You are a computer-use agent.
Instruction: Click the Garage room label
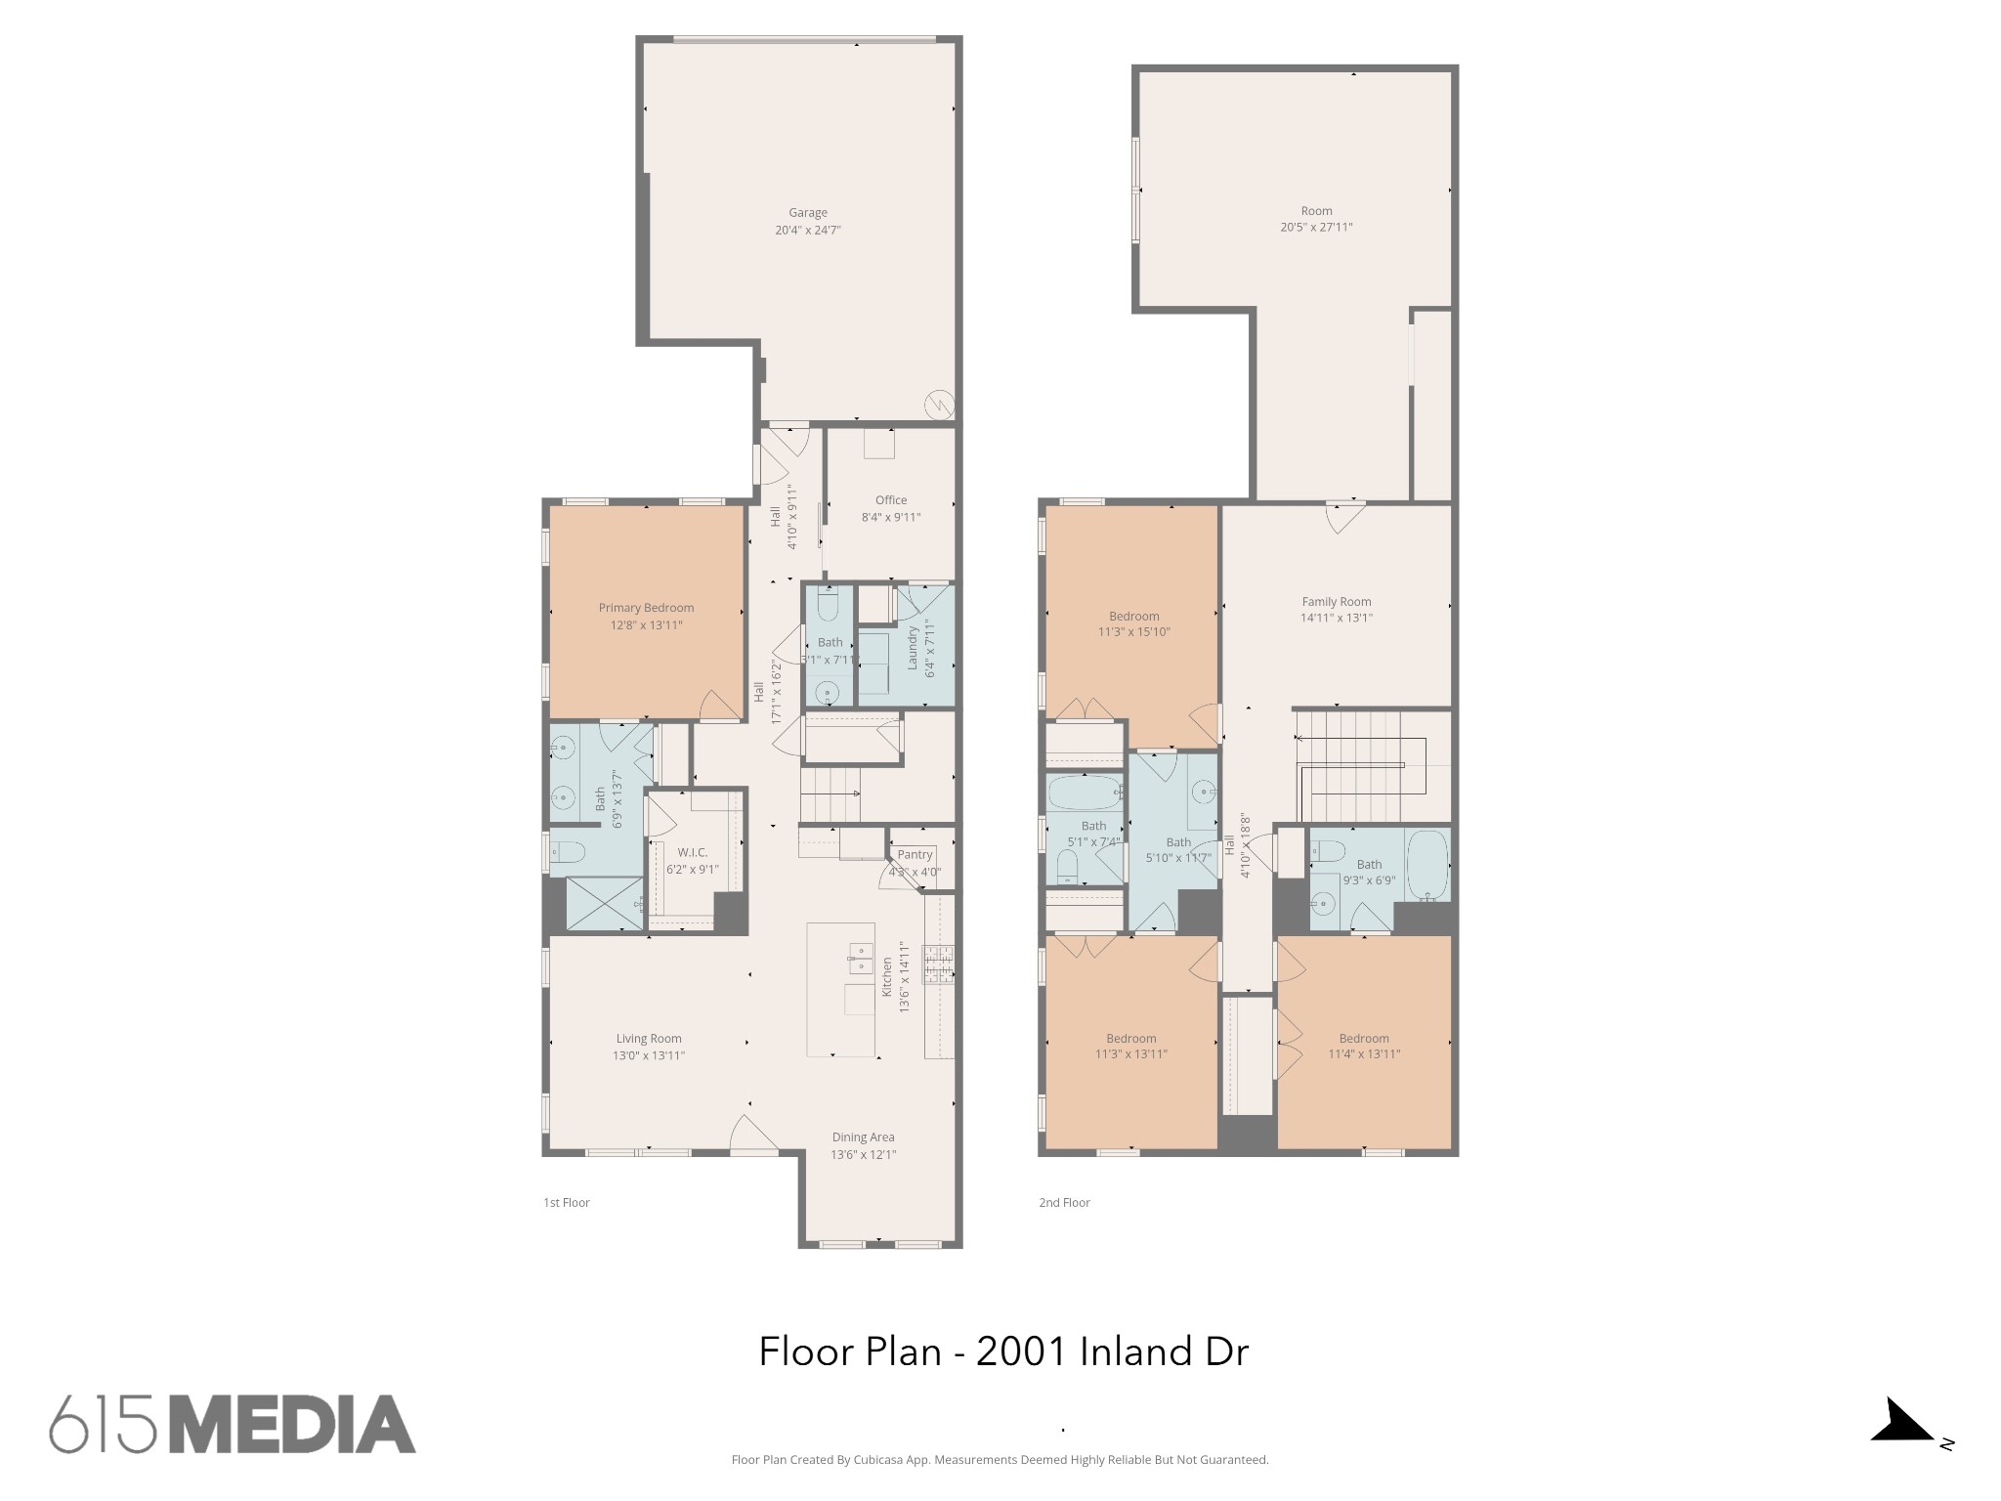point(807,213)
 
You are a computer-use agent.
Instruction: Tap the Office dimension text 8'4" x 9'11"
point(890,518)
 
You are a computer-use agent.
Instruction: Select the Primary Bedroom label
point(646,608)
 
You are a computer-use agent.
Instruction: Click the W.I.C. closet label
point(692,853)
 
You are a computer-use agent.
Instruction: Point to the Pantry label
point(915,855)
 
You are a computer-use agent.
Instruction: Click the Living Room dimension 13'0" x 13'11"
point(648,1055)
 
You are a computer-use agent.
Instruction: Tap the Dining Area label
point(863,1136)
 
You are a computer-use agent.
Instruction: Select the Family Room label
point(1336,602)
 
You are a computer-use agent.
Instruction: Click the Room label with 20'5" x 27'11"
point(1316,211)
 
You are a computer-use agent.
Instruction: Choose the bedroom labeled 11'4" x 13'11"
point(1364,1046)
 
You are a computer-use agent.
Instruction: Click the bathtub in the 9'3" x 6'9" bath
point(1427,864)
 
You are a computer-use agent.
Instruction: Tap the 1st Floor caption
point(567,1203)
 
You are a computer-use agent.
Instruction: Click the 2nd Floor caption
point(1064,1203)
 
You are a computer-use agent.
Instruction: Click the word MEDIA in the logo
point(292,1424)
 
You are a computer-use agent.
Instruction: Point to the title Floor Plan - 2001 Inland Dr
point(1003,1352)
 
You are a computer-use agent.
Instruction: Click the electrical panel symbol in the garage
point(940,404)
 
